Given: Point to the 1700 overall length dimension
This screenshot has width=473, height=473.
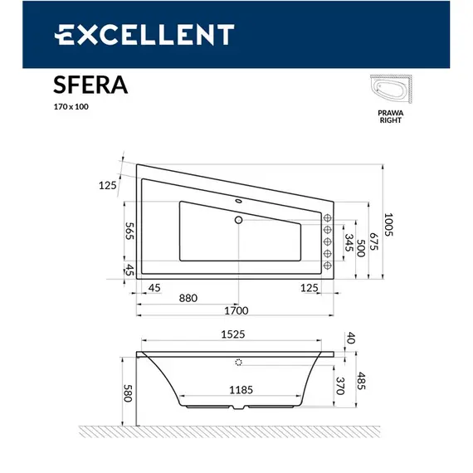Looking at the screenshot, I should tap(236, 311).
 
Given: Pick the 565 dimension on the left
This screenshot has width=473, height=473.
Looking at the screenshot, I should tap(129, 232).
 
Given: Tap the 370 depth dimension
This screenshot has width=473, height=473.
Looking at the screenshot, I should tap(341, 384).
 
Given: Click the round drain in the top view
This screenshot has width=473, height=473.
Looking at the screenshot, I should tap(239, 220).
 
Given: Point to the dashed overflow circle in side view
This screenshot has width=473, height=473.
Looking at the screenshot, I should tap(239, 363).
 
